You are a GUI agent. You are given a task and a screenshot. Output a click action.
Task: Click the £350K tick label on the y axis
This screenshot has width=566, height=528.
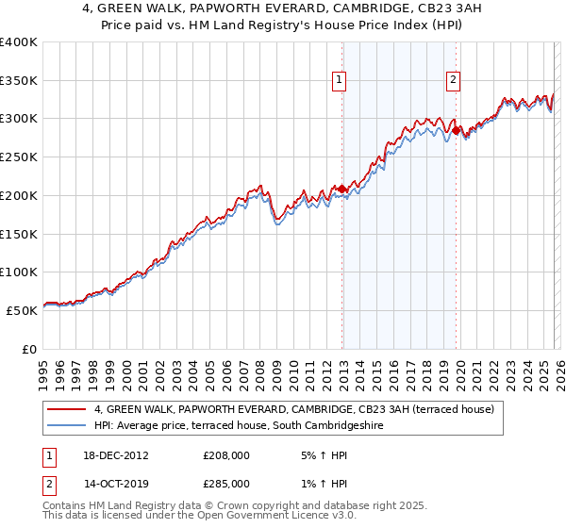[x=19, y=81]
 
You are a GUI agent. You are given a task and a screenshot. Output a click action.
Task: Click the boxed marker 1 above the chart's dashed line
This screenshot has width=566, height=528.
[x=339, y=81]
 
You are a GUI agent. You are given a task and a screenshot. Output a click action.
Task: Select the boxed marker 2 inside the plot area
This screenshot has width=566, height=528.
[x=454, y=81]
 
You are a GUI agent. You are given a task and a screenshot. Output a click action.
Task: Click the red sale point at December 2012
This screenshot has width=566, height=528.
[x=342, y=190]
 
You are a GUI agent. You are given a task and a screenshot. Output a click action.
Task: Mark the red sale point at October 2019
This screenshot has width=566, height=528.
[x=456, y=131]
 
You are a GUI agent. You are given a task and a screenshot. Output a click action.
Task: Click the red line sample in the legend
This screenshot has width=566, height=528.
[x=67, y=410]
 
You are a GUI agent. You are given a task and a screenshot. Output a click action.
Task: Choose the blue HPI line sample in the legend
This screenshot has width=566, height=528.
[x=67, y=426]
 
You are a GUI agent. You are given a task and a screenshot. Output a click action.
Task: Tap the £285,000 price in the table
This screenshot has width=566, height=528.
[x=226, y=483]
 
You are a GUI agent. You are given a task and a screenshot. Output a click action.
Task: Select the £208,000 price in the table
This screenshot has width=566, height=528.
[x=226, y=454]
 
